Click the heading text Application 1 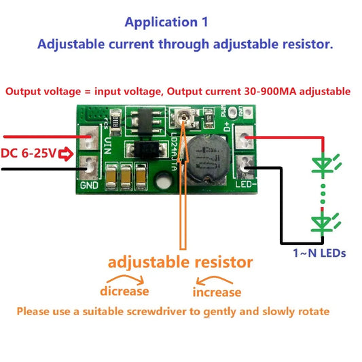(x=166, y=22)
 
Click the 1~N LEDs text (x=319, y=253)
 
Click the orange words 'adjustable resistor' (x=181, y=261)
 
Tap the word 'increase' (x=217, y=292)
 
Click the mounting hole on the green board (x=162, y=181)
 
